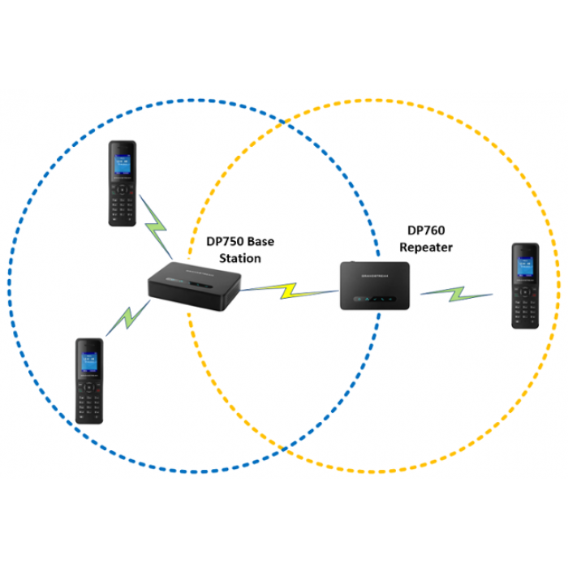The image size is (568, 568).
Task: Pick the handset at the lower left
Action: pyautogui.click(x=91, y=381)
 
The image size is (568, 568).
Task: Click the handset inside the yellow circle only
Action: pyautogui.click(x=525, y=286)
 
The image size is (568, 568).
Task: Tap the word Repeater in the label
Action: pyautogui.click(x=425, y=247)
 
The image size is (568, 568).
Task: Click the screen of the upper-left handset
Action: pyautogui.click(x=123, y=163)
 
